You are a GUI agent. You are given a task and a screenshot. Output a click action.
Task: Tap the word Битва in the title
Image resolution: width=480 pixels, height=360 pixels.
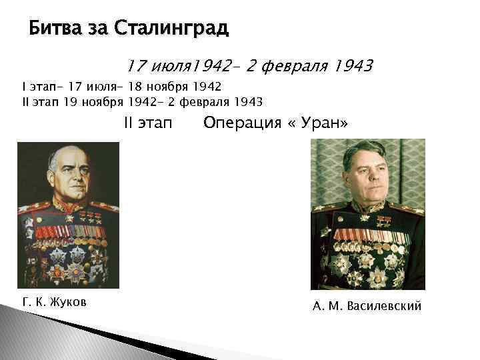click(x=53, y=29)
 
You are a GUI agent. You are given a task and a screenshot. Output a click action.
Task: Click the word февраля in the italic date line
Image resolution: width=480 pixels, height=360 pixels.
click(x=289, y=66)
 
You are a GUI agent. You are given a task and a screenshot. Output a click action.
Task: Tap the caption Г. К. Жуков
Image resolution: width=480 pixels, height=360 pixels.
click(x=55, y=303)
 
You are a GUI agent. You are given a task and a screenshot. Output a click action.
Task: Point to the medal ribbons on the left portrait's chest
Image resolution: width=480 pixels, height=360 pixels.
click(x=67, y=233)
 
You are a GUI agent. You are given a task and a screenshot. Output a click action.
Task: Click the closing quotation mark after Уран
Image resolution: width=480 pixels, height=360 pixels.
click(x=343, y=123)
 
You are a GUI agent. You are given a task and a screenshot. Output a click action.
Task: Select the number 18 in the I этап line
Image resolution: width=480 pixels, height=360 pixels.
click(x=131, y=87)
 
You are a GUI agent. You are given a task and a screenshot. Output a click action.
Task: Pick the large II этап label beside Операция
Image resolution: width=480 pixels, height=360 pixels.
click(x=148, y=123)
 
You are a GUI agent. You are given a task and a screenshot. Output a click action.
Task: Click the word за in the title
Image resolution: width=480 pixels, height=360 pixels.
click(x=97, y=29)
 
